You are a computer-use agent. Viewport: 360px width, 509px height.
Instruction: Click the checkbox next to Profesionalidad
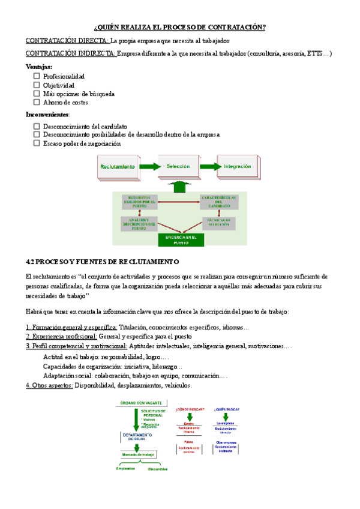[37, 76]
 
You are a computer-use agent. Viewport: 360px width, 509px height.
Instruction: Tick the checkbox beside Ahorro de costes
[37, 102]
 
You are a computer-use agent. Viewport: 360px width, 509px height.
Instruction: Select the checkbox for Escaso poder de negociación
[37, 143]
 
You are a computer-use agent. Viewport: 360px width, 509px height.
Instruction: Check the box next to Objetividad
[37, 85]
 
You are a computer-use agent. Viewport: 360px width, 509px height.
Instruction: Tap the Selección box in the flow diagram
[178, 166]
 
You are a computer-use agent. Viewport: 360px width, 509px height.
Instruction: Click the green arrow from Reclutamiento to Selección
[149, 166]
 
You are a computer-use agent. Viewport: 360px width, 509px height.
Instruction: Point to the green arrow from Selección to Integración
[208, 166]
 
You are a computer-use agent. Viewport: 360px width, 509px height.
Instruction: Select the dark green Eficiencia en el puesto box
[181, 239]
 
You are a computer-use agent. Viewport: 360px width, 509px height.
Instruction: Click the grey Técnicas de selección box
[218, 223]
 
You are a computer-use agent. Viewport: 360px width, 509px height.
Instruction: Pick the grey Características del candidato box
[218, 202]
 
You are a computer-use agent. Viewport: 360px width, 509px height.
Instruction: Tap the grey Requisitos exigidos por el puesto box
[139, 202]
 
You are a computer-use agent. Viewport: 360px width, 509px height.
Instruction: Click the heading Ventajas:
[39, 67]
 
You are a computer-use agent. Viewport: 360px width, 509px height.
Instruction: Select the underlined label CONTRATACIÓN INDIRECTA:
[71, 54]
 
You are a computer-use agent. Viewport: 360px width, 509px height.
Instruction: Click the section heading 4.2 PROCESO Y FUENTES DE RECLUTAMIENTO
[103, 262]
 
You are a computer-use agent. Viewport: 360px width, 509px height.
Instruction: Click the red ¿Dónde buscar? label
[189, 409]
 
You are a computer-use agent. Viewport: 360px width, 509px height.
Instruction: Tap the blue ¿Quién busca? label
[226, 409]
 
